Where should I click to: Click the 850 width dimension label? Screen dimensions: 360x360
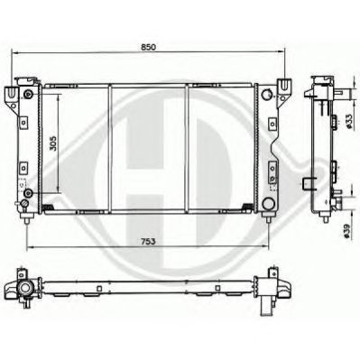[x=148, y=47]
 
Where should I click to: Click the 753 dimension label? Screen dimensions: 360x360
[x=147, y=241]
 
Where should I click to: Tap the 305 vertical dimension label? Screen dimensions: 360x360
[x=53, y=143]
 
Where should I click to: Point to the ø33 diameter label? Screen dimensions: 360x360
[x=349, y=122]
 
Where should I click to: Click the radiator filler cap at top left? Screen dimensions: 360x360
[x=27, y=81]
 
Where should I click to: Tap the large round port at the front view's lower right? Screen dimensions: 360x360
[x=267, y=204]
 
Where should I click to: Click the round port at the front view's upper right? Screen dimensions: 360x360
[x=267, y=95]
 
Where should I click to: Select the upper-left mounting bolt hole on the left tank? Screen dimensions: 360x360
[x=28, y=95]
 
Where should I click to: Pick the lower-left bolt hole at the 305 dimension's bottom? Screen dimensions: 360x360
[x=28, y=192]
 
